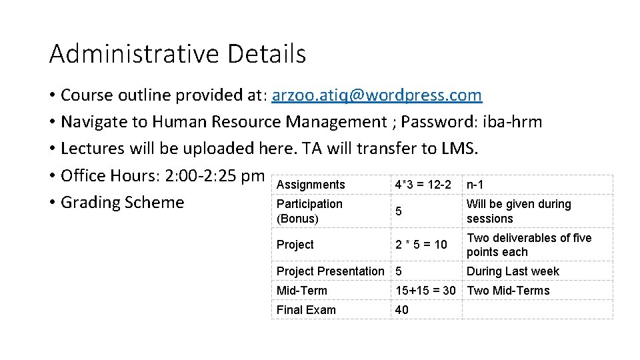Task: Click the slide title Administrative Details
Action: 177,54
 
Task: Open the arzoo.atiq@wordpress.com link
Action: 376,95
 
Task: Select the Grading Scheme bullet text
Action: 122,202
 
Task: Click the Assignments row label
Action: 311,185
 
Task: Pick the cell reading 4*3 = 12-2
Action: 423,185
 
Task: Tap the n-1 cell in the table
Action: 475,185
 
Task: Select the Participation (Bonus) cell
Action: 309,211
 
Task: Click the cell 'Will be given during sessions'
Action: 518,211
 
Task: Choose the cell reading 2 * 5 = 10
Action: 421,245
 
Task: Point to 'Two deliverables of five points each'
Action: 529,245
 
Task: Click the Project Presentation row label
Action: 330,271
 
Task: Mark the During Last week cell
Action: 513,271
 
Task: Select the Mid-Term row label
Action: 302,291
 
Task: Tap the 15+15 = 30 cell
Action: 425,291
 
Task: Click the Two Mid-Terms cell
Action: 508,291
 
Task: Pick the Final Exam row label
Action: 306,310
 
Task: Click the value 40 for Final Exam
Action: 403,310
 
